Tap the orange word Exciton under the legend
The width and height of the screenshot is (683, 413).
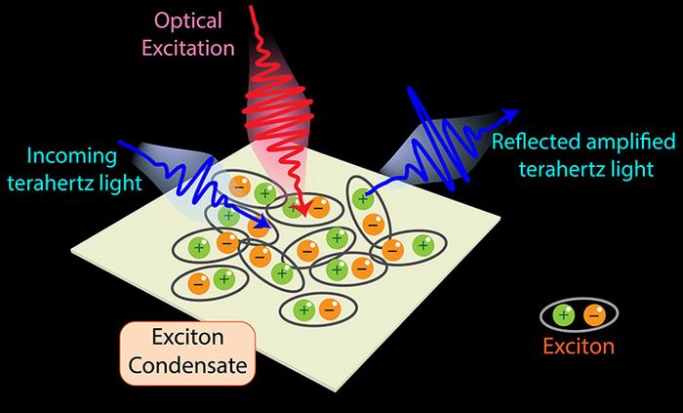(581, 346)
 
